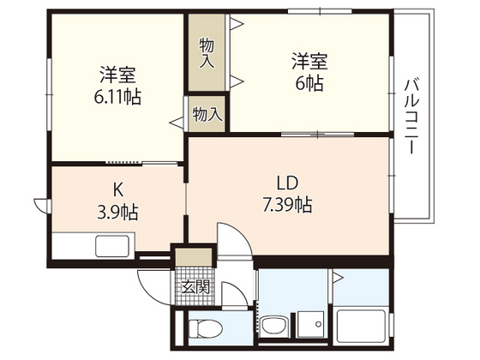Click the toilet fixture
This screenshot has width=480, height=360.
pos(201,329)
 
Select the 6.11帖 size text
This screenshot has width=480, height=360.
pos(119,95)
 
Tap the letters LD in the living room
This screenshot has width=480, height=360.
pos(286,183)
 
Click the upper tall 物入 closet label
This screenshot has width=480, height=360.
pos(207,53)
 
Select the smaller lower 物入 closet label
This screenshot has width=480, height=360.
pos(207,113)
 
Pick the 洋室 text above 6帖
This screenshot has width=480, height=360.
pos(308,61)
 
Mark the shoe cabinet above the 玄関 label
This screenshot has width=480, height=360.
pos(195,257)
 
